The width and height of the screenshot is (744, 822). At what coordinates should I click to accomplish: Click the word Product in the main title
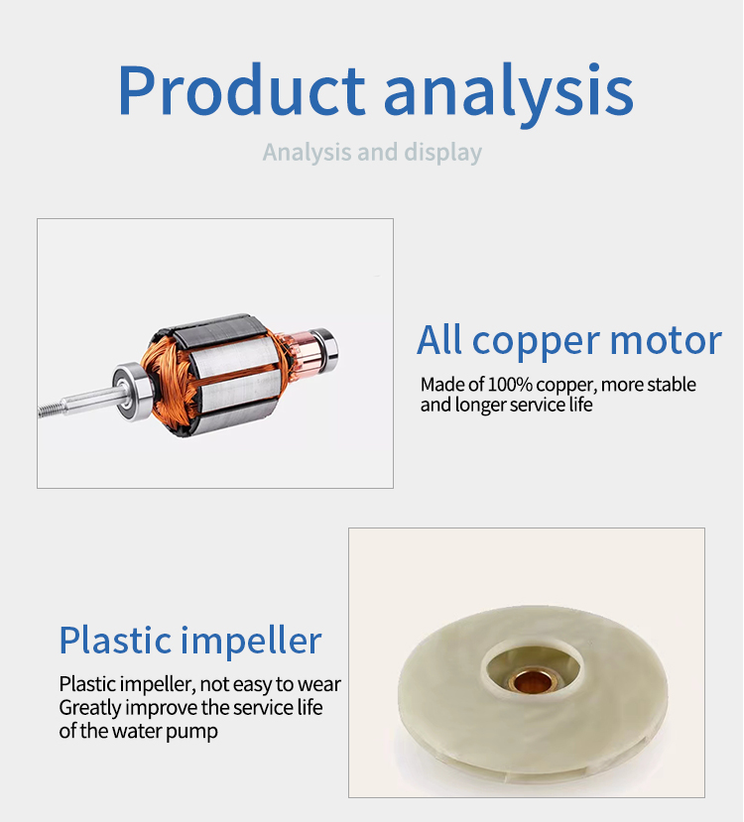[x=241, y=89]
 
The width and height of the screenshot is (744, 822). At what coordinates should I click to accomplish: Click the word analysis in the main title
[x=509, y=94]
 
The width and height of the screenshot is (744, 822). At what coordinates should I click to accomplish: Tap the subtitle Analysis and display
[x=372, y=153]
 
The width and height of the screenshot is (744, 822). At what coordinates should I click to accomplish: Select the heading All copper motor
[x=569, y=341]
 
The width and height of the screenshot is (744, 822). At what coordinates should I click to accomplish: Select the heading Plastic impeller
[x=190, y=642]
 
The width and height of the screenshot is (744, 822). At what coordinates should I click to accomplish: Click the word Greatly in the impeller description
[x=90, y=708]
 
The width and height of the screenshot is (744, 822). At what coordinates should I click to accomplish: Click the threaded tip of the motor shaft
[x=50, y=410]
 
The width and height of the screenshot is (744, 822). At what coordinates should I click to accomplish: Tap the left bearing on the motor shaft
[x=132, y=391]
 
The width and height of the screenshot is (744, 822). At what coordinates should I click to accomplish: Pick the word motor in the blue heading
[x=666, y=341]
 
